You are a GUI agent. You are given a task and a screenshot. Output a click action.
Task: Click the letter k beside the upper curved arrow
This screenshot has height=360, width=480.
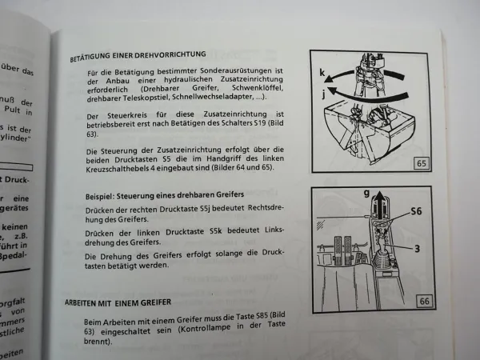coord(323,72)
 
